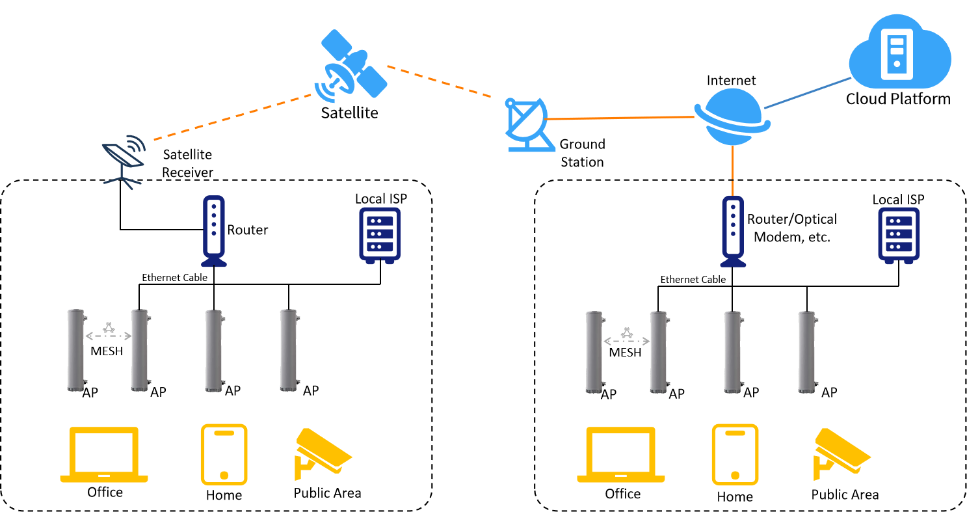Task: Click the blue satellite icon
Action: (353, 65)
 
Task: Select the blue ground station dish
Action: (529, 124)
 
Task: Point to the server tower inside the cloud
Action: (897, 54)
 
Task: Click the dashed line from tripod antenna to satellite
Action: (232, 117)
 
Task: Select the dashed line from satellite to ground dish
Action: (438, 81)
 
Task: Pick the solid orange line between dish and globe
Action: (621, 118)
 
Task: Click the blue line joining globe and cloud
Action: (807, 93)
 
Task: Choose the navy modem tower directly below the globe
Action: (733, 231)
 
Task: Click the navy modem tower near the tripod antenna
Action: (214, 231)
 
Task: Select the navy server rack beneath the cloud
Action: (899, 235)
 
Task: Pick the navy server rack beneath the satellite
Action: (380, 235)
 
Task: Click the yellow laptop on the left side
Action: (104, 455)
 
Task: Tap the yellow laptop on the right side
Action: (621, 455)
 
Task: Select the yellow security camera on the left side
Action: (322, 452)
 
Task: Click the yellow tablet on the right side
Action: (735, 455)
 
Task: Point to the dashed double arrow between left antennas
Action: (109, 336)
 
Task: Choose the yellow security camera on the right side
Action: (841, 452)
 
